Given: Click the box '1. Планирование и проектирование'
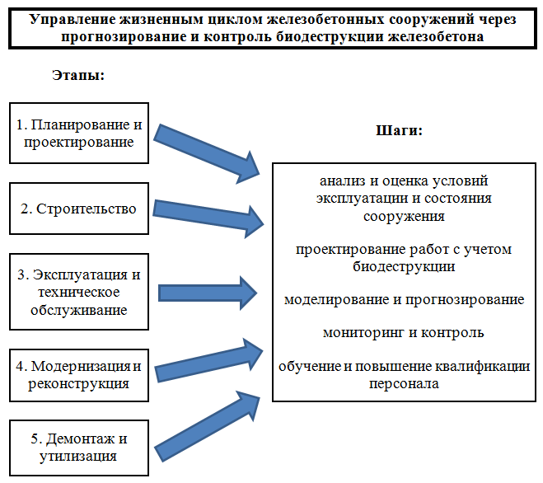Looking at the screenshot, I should pos(79,133).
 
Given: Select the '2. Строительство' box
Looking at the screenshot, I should pos(79,208).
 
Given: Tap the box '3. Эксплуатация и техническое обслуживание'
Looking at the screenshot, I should pos(79,292).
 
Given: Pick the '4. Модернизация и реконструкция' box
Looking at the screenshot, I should pos(79,373).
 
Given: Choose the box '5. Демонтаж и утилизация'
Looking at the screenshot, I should pos(79,446).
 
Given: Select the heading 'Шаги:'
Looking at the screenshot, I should pos(400,130).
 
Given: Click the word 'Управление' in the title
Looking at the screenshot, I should pos(71,19).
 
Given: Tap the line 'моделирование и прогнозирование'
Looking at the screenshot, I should pos(404,299).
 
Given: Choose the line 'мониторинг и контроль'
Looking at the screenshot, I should pos(404,333).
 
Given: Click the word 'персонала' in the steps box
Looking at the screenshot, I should pos(404,383).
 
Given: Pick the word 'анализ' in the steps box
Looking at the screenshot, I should pos(339,180).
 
